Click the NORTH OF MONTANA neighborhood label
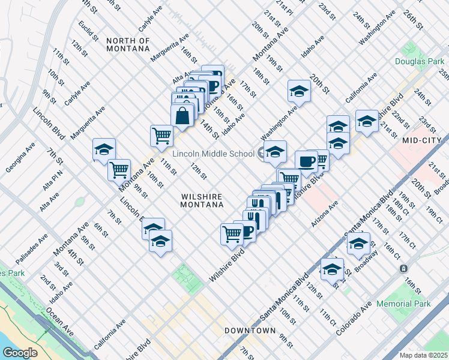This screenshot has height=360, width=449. point(128,44)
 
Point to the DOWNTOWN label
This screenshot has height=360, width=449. point(250,331)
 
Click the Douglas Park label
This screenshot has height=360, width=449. point(418,62)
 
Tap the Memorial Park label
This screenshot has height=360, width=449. point(403,304)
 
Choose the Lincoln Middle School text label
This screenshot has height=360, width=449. point(213,154)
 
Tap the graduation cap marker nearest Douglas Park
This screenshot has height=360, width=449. point(366,121)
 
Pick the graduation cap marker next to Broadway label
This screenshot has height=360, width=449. point(358,244)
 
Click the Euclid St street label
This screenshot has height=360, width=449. point(88,33)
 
